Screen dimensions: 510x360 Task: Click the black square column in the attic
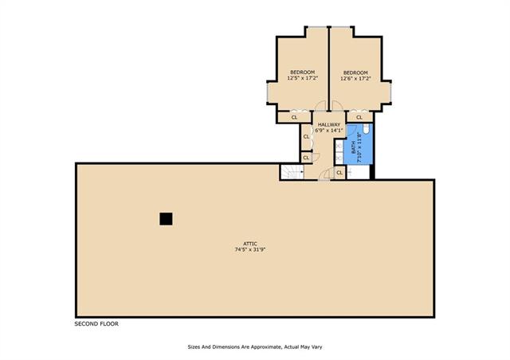pyautogui.click(x=166, y=219)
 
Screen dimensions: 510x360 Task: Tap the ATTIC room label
pyautogui.click(x=250, y=244)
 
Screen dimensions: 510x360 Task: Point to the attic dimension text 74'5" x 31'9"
pyautogui.click(x=250, y=250)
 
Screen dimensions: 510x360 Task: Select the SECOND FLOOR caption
pyautogui.click(x=96, y=324)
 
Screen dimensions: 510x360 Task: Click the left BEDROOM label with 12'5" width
pyautogui.click(x=303, y=72)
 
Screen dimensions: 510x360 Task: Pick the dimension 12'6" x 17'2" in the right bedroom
pyautogui.click(x=356, y=78)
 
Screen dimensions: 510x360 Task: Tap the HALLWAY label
pyautogui.click(x=329, y=124)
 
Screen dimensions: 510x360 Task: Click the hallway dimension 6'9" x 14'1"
pyautogui.click(x=329, y=131)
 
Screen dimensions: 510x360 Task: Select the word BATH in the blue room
pyautogui.click(x=354, y=147)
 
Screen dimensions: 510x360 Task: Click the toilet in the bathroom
pyautogui.click(x=366, y=128)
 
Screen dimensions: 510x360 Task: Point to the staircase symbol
pyautogui.click(x=292, y=172)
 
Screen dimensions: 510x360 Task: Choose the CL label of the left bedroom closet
pyautogui.click(x=294, y=117)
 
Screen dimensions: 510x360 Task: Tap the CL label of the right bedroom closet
pyautogui.click(x=359, y=117)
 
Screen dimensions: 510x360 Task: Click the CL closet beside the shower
pyautogui.click(x=339, y=173)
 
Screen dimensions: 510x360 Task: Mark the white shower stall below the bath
pyautogui.click(x=358, y=172)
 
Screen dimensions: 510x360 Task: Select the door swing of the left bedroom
pyautogui.click(x=321, y=106)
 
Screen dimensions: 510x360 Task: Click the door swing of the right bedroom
pyautogui.click(x=336, y=106)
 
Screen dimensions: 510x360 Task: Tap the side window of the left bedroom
pyautogui.click(x=268, y=92)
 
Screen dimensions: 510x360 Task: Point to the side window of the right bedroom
pyautogui.click(x=390, y=92)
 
